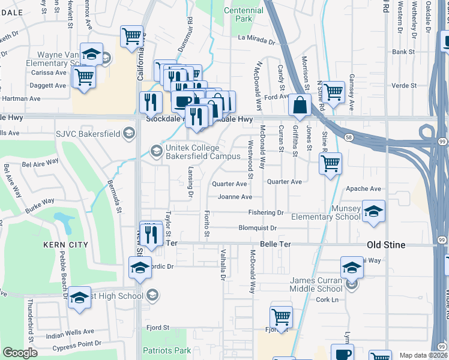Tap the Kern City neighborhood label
pyautogui.click(x=65, y=245)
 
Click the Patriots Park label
pyautogui.click(x=166, y=350)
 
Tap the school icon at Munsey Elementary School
pyautogui.click(x=373, y=211)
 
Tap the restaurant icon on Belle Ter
pyautogui.click(x=151, y=233)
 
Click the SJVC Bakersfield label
pyautogui.click(x=88, y=134)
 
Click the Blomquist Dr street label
pyautogui.click(x=258, y=228)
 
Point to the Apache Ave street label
pyautogui.click(x=364, y=188)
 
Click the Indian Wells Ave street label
pyautogui.click(x=70, y=331)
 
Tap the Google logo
pyautogui.click(x=20, y=353)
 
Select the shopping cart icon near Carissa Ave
pyautogui.click(x=83, y=77)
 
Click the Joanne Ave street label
pyautogui.click(x=235, y=197)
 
